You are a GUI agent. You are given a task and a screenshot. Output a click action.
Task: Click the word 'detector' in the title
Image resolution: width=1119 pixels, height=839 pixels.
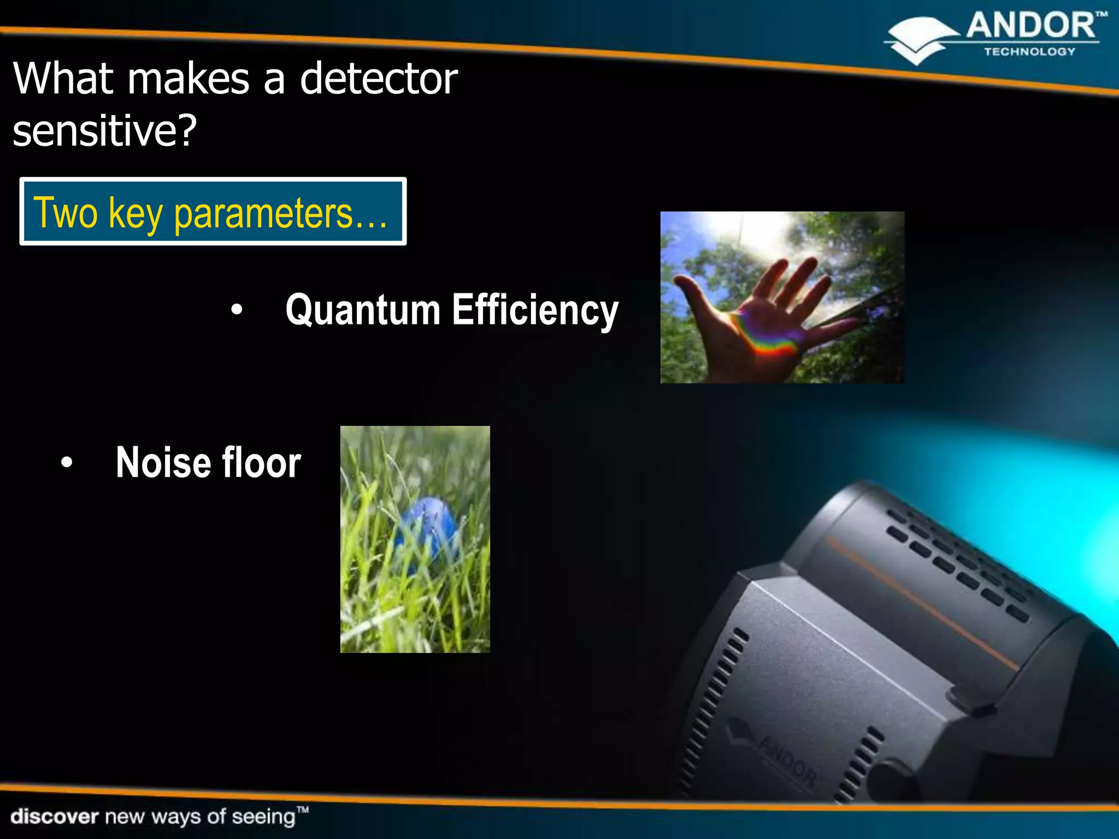pos(379,79)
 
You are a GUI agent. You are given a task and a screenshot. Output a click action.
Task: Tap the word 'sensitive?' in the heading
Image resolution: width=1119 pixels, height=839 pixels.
pos(104,131)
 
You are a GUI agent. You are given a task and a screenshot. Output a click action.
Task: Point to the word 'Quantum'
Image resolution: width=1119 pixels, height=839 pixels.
pos(363,310)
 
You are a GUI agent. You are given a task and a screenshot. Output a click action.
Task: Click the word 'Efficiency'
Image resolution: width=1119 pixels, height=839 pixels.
pos(535,310)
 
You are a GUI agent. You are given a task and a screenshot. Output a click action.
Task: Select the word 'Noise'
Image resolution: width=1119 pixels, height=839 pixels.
pos(163,463)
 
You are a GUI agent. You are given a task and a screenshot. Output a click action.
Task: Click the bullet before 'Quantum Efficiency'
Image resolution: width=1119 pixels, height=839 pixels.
pos(237,310)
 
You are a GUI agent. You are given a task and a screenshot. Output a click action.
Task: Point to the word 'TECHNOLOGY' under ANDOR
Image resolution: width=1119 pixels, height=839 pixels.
pos(1029,52)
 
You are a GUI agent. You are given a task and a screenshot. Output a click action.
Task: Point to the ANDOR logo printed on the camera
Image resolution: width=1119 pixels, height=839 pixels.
pos(787,759)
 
